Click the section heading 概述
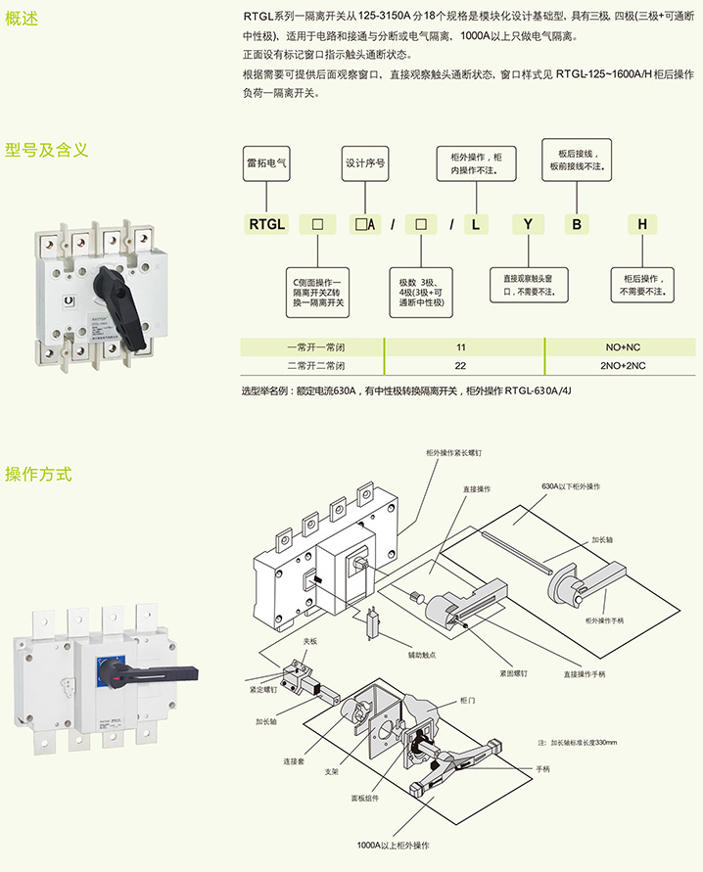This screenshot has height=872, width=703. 22,18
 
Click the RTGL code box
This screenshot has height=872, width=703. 265,224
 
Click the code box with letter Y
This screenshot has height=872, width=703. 528,224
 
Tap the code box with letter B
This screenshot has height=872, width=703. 577,224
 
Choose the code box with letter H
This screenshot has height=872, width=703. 642,224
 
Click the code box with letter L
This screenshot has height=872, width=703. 475,224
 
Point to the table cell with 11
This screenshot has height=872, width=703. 460,347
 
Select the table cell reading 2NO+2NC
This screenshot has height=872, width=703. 623,365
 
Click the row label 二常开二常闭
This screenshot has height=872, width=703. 309,365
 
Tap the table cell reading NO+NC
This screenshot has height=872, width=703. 623,347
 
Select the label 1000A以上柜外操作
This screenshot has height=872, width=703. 394,844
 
